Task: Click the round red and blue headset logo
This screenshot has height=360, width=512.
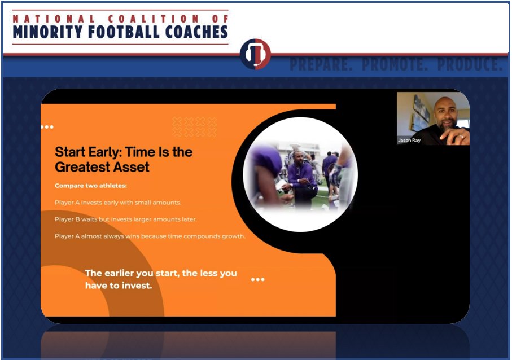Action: coord(255,55)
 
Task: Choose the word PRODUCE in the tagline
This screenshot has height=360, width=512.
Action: coord(462,64)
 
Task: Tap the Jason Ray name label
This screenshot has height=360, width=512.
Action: coord(409,141)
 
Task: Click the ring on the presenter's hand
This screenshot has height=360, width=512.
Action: coord(461,135)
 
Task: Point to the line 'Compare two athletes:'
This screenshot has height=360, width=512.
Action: coord(82,186)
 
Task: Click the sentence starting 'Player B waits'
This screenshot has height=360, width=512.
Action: coord(126,219)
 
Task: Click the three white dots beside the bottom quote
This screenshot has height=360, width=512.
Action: coord(257,279)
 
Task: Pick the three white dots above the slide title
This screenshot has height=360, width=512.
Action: coord(47,127)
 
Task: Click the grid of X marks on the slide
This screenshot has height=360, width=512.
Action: coord(194,126)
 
